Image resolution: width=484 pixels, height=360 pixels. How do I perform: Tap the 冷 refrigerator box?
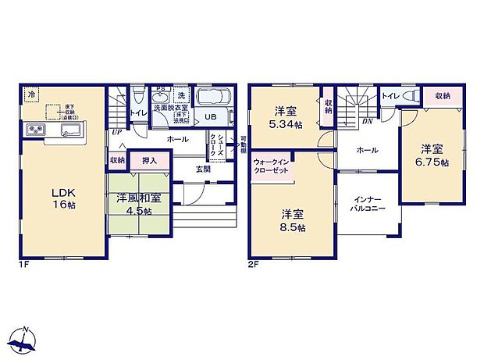point(31,94)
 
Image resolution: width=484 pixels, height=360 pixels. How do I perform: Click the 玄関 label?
point(202,168)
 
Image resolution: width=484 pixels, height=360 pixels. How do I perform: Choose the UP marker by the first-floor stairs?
point(116,132)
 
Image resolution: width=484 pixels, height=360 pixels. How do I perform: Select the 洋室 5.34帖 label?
point(283,118)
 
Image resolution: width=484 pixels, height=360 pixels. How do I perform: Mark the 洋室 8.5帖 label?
point(294,219)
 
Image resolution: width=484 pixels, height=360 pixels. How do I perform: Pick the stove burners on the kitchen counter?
point(37,129)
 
